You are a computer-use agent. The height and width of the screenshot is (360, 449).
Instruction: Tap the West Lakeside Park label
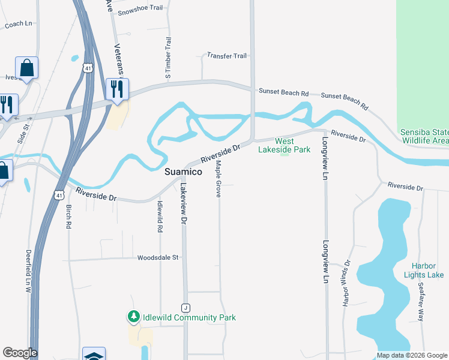(x=285, y=145)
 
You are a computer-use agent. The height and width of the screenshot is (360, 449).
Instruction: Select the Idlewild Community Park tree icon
(x=133, y=317)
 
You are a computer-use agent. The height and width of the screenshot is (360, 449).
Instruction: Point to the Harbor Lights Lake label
(x=427, y=270)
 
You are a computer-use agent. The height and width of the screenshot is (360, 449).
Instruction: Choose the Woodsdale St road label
(x=158, y=257)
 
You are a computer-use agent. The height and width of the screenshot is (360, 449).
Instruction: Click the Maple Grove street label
(x=218, y=179)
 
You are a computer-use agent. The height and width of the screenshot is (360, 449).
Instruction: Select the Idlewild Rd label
(x=160, y=216)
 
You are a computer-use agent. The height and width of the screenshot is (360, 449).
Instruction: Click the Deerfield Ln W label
(x=28, y=271)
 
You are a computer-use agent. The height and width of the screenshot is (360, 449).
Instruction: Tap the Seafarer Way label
(x=421, y=301)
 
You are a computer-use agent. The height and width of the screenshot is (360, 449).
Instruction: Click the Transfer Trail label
(x=227, y=56)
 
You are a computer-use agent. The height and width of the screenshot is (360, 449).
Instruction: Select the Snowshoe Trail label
(x=140, y=11)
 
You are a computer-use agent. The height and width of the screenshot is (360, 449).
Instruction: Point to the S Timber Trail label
(x=169, y=58)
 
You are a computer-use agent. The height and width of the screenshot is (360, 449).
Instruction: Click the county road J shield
(x=186, y=307)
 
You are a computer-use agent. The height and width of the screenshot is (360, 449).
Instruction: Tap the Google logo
(x=19, y=353)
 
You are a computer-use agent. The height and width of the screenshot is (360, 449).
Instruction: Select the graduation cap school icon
(x=94, y=355)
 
